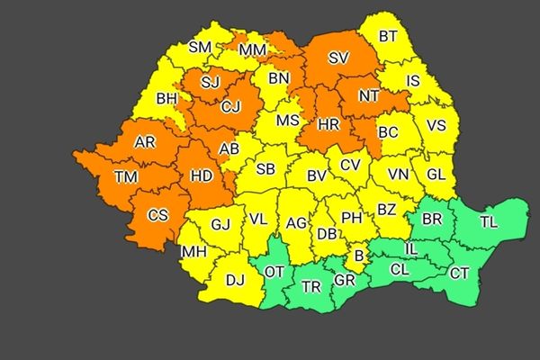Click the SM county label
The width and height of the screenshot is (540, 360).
(200, 48)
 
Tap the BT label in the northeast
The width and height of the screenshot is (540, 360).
(388, 36)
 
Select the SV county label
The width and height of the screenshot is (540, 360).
(338, 58)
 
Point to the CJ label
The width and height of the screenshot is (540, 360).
(230, 108)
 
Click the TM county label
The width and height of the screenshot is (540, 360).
(126, 176)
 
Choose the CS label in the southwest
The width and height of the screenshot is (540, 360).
(157, 214)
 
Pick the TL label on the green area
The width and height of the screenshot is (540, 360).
(489, 221)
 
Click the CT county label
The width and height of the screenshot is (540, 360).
(459, 273)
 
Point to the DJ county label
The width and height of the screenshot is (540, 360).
(235, 280)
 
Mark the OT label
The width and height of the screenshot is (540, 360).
(274, 268)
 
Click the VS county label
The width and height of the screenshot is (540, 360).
(436, 125)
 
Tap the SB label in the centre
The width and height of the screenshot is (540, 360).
(265, 168)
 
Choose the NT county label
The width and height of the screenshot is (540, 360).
(368, 94)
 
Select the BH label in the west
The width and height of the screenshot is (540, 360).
(166, 99)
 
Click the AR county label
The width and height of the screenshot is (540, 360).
(144, 141)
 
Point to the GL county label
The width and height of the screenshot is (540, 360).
(436, 175)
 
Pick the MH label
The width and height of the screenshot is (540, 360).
(193, 251)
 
